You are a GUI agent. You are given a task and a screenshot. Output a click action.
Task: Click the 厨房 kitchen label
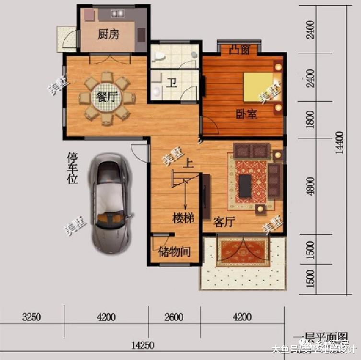pyautogui.click(x=108, y=35)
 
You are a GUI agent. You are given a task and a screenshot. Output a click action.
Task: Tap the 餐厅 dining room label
pyautogui.click(x=107, y=96)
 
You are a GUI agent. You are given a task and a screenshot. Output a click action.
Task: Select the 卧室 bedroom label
pyautogui.click(x=246, y=114)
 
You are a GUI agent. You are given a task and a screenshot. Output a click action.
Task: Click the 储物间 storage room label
pyautogui.click(x=175, y=252)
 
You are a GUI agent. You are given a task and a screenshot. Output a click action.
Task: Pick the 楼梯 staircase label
pyautogui.click(x=184, y=218)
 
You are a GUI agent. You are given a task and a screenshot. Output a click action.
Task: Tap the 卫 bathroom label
pyautogui.click(x=171, y=83)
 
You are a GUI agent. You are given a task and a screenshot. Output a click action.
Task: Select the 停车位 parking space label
pyautogui.click(x=72, y=168)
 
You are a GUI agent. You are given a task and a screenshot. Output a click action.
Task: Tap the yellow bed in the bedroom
pyautogui.click(x=258, y=87)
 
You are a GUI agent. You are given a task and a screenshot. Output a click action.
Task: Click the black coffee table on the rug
pyautogui.click(x=245, y=186)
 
